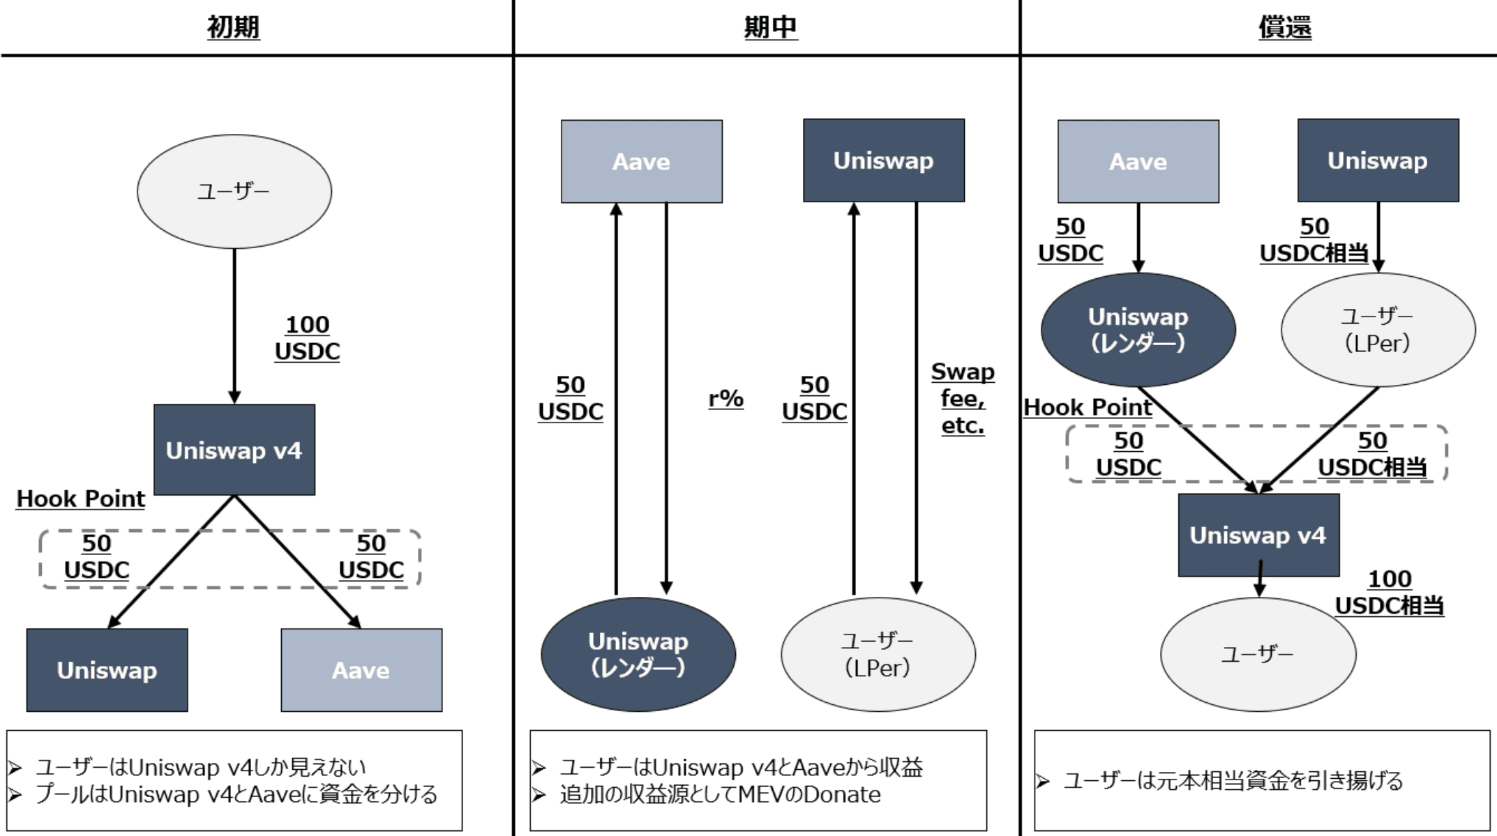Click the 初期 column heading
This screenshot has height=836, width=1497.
point(233,27)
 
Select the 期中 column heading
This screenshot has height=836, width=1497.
point(770,27)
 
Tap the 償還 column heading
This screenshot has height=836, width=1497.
point(1284,27)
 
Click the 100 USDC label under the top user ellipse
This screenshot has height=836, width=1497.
point(307,338)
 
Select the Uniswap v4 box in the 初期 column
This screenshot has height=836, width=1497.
point(234,450)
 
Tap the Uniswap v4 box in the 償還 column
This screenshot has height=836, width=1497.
point(1258,535)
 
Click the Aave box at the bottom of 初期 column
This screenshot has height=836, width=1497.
point(361,670)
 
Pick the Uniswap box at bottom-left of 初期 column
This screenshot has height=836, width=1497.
point(107,670)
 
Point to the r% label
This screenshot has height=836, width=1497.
point(725,399)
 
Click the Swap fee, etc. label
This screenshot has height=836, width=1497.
point(963,398)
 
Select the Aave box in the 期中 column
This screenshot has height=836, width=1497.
point(641,162)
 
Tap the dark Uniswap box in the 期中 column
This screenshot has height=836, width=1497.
point(883,160)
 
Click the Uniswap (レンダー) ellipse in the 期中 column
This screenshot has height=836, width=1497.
point(638,654)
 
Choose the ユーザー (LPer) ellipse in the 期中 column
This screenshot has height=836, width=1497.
point(878,654)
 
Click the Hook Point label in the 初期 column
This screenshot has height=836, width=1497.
point(81,499)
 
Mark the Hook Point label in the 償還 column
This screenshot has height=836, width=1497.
point(1088,407)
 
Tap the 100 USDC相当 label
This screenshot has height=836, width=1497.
point(1389,592)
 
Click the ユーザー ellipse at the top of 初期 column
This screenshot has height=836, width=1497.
point(234,191)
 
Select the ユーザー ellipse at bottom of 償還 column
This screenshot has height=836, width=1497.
point(1258,654)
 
